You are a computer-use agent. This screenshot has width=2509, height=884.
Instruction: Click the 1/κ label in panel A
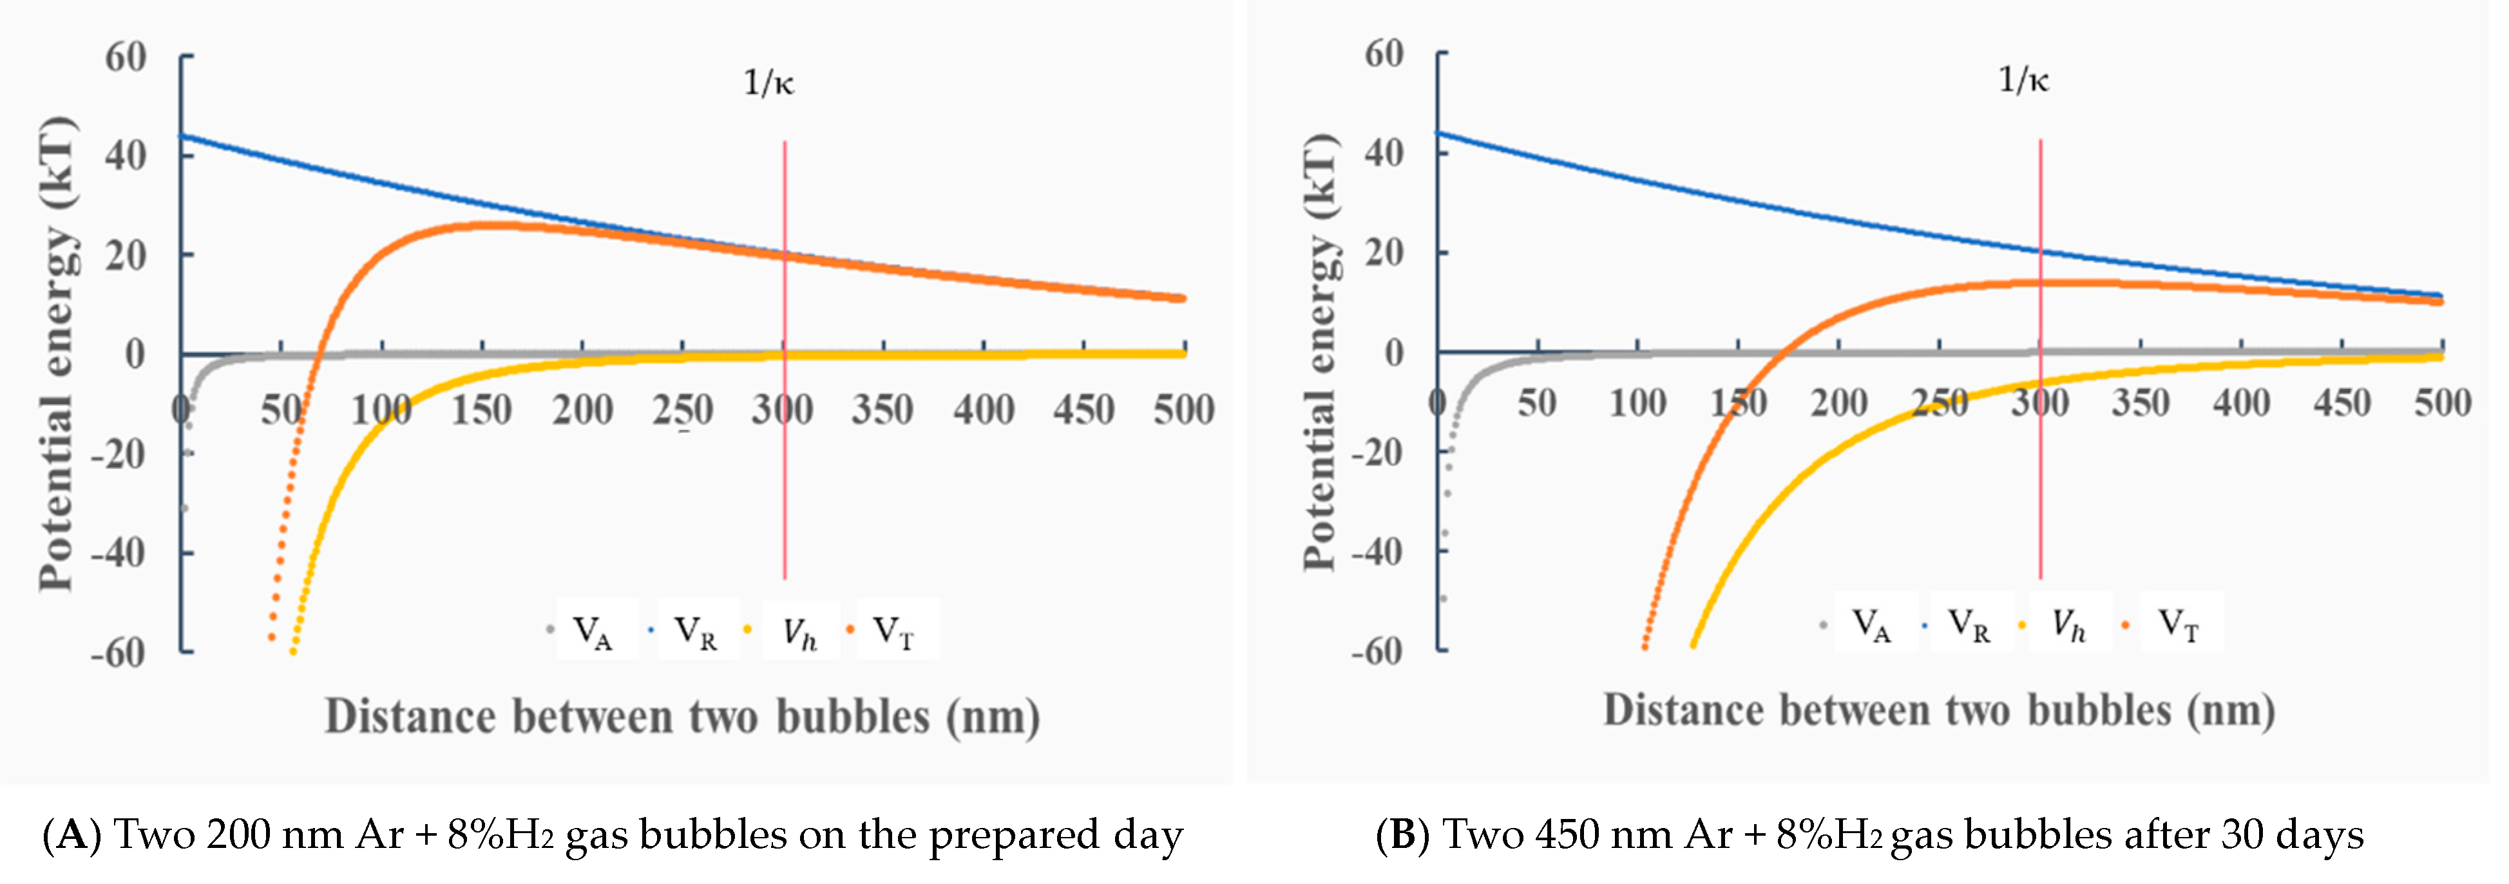coord(768,84)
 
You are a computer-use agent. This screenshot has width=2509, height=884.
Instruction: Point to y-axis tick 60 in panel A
coord(126,57)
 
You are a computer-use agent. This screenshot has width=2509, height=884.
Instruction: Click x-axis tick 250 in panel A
coord(683,410)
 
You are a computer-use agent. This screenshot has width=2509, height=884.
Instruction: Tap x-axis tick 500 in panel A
coord(1183,410)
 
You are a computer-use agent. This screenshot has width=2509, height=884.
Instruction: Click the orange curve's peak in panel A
coord(487,225)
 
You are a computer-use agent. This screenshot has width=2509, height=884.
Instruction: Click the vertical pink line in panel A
coord(784,438)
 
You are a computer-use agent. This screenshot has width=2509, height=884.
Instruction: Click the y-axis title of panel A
coord(57,352)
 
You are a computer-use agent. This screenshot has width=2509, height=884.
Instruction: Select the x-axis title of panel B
coord(1938,711)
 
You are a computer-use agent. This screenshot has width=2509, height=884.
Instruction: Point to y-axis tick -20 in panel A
coord(117,454)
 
